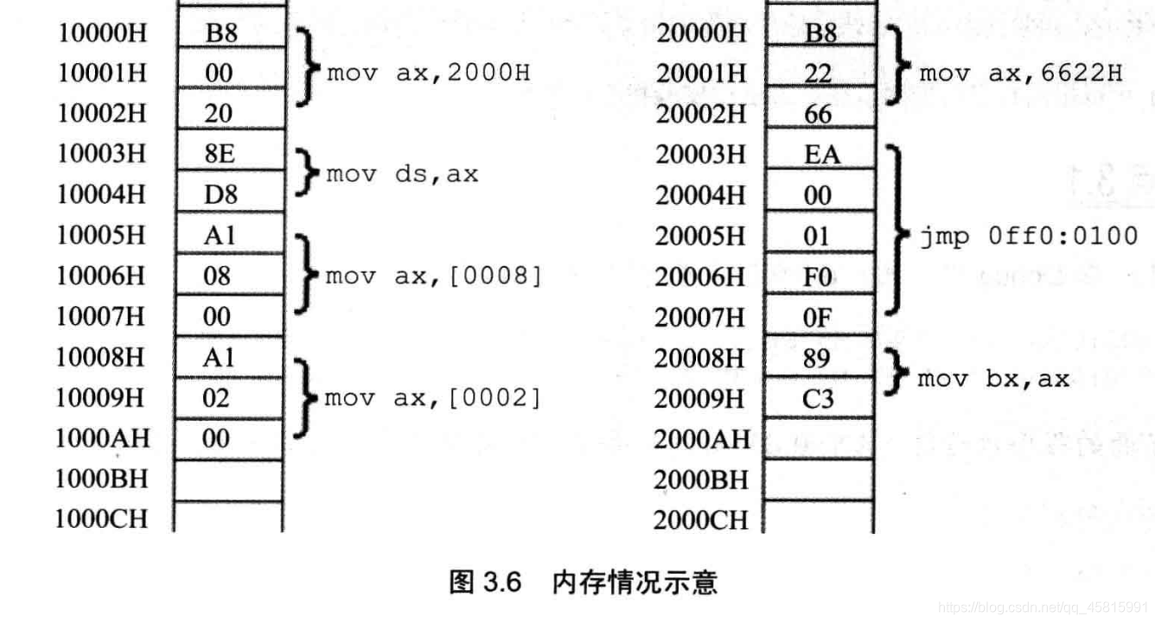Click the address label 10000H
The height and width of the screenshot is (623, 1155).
coord(102,33)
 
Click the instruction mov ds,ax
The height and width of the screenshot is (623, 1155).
coord(402,175)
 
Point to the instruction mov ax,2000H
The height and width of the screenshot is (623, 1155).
coord(428,73)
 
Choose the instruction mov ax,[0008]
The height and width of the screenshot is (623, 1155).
coord(433,277)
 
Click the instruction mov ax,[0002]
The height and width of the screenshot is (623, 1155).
coord(433,397)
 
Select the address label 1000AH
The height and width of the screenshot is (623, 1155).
coord(102,438)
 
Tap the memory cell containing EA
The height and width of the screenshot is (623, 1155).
coord(819,155)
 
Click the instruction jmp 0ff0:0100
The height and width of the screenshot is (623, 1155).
coord(1028,236)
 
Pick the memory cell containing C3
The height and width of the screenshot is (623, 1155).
coord(819,398)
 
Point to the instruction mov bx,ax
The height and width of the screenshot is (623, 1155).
coord(993,378)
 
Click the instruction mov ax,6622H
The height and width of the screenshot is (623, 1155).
coord(1021,73)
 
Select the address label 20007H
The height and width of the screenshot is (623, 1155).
coord(700,317)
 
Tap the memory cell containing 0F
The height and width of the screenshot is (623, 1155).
coord(819,317)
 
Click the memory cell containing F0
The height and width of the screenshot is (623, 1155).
coord(819,277)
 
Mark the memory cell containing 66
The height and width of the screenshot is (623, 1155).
coord(819,114)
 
